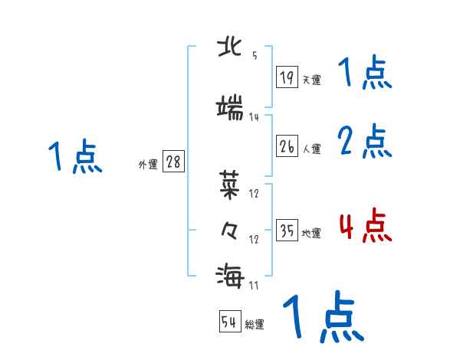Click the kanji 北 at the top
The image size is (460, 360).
coord(232,47)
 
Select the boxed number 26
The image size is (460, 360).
coord(287,146)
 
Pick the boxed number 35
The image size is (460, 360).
coord(287,231)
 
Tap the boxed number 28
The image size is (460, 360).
coord(173,162)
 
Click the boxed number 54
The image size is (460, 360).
coord(229,322)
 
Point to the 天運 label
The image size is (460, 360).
coord(311,79)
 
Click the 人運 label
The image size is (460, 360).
coord(311,149)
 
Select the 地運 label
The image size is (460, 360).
coord(311,233)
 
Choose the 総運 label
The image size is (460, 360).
coord(255,325)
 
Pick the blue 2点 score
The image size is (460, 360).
coord(365,142)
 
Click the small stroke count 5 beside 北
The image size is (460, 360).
coord(254,56)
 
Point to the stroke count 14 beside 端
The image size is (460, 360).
coord(254,117)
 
